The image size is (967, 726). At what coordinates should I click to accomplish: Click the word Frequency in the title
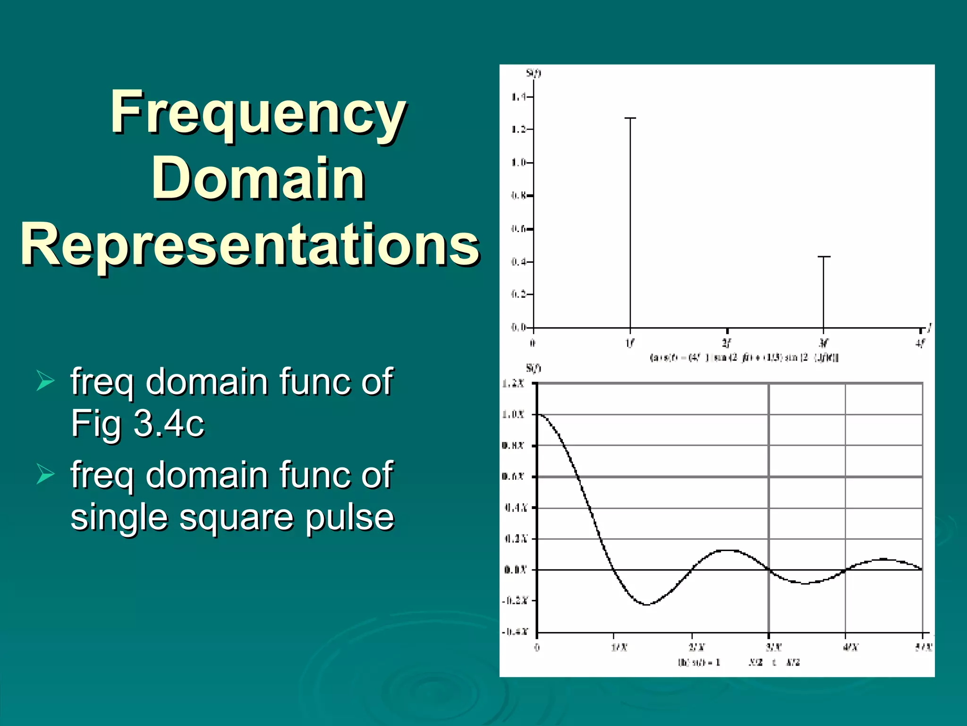coord(258,113)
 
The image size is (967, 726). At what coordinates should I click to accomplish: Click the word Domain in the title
coord(258,179)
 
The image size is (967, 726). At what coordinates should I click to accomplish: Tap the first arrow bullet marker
coord(45,381)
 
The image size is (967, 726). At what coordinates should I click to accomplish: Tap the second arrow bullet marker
coord(45,475)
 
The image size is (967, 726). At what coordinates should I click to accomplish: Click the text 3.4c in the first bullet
coord(169,423)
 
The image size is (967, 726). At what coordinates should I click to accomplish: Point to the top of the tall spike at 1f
coord(630,118)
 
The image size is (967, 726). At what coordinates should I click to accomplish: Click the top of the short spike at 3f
coord(823,257)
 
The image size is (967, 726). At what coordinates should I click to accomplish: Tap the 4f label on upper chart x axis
coord(920,343)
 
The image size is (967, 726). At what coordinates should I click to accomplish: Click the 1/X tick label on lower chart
coord(619,647)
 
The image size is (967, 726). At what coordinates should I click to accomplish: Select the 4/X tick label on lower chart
coord(850,647)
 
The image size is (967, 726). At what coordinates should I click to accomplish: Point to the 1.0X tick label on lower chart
coord(513,415)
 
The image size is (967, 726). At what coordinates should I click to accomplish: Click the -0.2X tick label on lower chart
coord(514,601)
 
